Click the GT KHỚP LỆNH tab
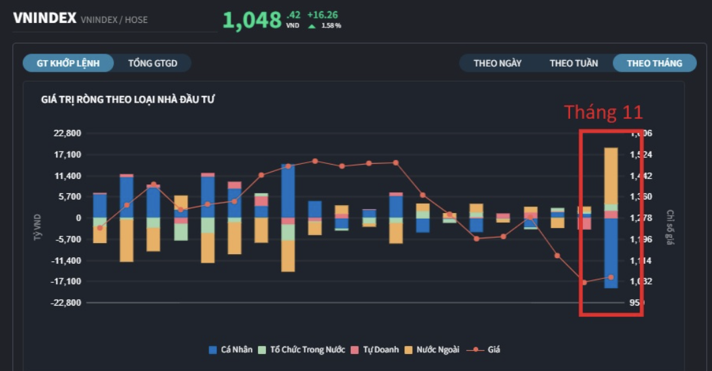(68, 63)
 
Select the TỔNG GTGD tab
(153, 63)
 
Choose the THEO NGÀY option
(497, 63)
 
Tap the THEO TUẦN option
(574, 63)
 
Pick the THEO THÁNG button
(654, 63)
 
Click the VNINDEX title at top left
(44, 18)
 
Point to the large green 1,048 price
(251, 20)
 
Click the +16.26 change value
(322, 14)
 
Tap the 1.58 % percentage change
(331, 26)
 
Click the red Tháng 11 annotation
(603, 112)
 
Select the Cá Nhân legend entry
(231, 349)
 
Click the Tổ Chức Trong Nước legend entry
(301, 349)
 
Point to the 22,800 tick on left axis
(68, 133)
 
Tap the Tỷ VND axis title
(37, 227)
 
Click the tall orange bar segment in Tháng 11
(611, 175)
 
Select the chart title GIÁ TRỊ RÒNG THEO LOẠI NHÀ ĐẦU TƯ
(128, 100)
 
